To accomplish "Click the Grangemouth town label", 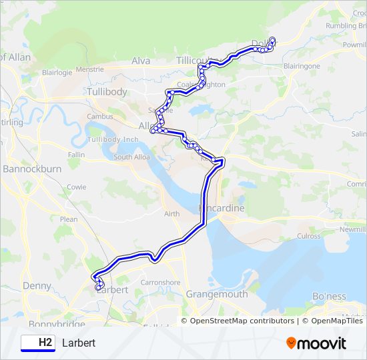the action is tap(217, 294).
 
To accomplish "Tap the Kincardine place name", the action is tap(222, 208).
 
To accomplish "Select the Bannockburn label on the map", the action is tap(32, 169).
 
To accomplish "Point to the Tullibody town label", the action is tap(107, 91).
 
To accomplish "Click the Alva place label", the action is tap(141, 61).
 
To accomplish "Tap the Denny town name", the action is tap(37, 286).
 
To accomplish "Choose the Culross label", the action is tap(309, 236).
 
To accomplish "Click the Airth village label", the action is tap(171, 213).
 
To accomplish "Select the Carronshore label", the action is tap(160, 283).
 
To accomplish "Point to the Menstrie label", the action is tap(90, 69).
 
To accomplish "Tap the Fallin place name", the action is tap(76, 155).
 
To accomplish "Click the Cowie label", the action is tap(76, 187).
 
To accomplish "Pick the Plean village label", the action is tap(69, 219).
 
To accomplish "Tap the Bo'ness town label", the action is tap(330, 296).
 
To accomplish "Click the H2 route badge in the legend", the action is tap(37, 343).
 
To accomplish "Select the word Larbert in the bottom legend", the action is tap(79, 343).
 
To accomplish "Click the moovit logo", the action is tap(316, 343).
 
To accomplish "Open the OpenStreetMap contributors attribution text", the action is tap(242, 321).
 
